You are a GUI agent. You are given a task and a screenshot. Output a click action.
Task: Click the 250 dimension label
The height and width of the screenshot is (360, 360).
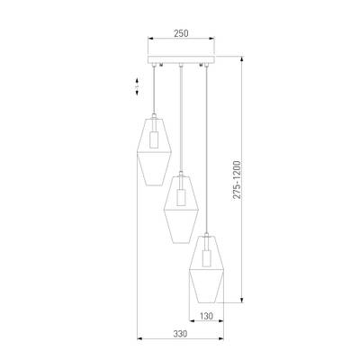point(181,33)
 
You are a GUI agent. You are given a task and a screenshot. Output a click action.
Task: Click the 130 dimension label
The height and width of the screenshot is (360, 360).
point(206,316)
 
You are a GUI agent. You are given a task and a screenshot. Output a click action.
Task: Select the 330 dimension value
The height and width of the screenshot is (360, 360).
point(180,334)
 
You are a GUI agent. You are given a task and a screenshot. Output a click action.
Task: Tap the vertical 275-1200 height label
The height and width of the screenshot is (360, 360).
point(237,180)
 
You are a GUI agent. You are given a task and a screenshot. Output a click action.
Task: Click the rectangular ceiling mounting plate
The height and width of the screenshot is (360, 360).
point(181,59)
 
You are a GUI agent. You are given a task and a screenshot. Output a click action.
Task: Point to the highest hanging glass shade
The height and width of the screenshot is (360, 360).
point(154,151)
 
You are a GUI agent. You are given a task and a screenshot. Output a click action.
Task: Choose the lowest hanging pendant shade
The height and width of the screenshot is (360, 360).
point(206,269)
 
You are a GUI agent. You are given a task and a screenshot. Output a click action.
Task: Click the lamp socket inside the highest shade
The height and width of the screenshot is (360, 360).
point(154,139)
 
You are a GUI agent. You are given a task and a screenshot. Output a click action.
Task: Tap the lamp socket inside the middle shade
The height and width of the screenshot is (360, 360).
point(181,197)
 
